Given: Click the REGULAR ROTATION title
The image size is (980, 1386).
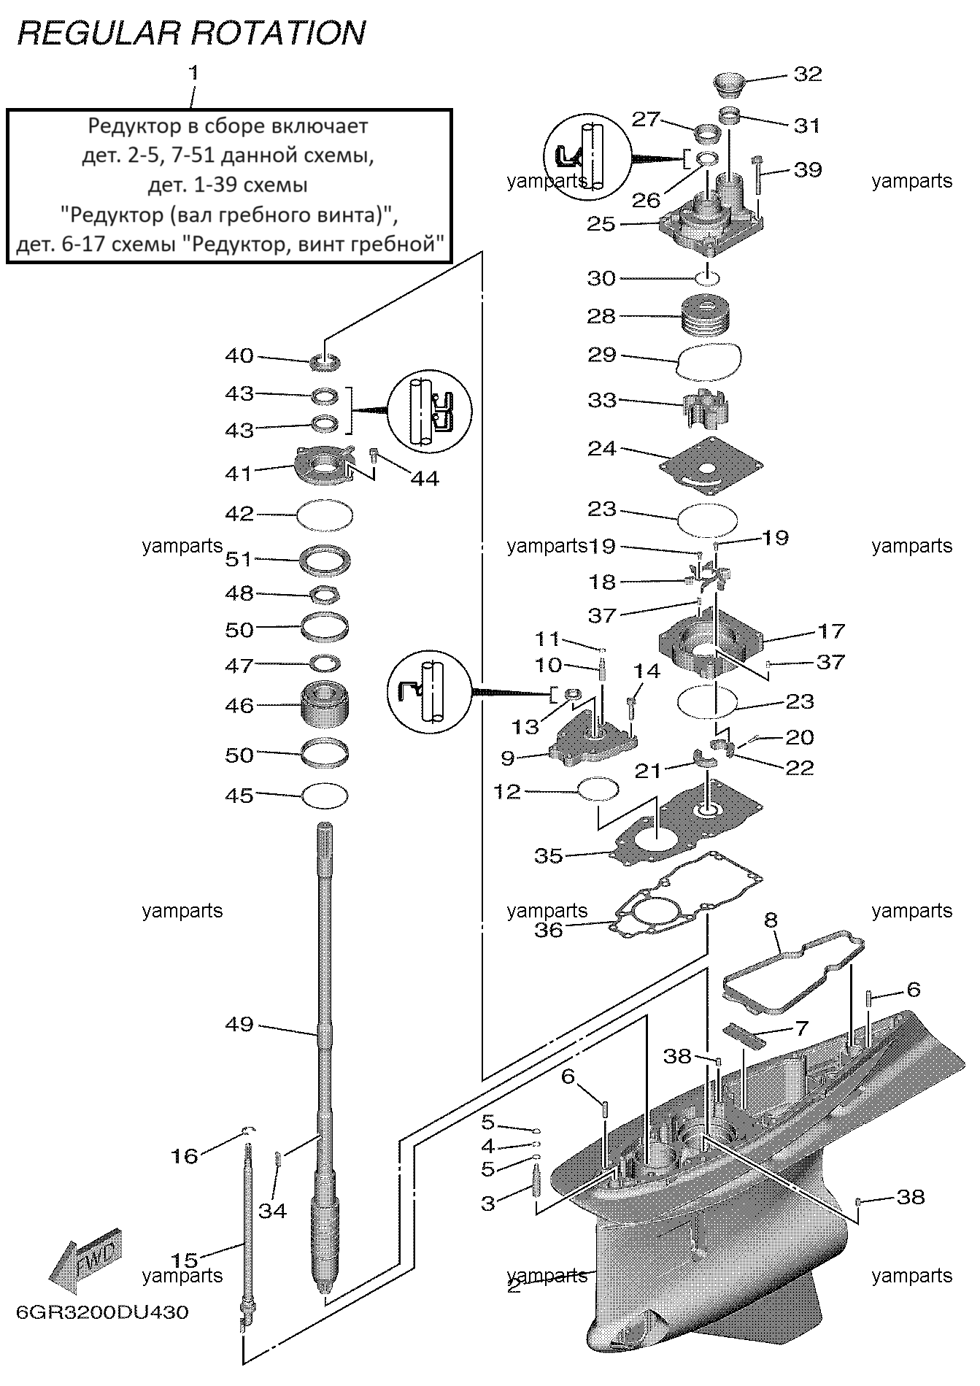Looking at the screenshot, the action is pyautogui.click(x=191, y=34).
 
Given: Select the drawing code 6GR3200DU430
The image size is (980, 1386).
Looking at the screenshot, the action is pyautogui.click(x=102, y=1312).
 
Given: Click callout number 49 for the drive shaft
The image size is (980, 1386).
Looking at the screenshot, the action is pyautogui.click(x=239, y=1024).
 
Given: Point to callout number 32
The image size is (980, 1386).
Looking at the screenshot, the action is pyautogui.click(x=807, y=74).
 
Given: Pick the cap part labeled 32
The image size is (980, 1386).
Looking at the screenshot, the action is pyautogui.click(x=728, y=84).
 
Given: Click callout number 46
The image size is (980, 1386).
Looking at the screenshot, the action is pyautogui.click(x=239, y=705).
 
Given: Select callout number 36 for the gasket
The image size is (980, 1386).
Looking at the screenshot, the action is pyautogui.click(x=549, y=929).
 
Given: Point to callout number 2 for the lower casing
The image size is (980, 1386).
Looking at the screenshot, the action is pyautogui.click(x=514, y=1286).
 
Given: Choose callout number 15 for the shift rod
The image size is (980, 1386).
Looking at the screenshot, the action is pyautogui.click(x=185, y=1260).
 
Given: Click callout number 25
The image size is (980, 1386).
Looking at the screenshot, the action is pyautogui.click(x=601, y=223).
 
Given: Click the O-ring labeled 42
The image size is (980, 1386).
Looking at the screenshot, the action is pyautogui.click(x=325, y=515).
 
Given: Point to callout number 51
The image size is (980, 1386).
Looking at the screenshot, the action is pyautogui.click(x=239, y=559).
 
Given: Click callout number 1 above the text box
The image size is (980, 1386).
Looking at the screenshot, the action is pyautogui.click(x=193, y=73).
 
